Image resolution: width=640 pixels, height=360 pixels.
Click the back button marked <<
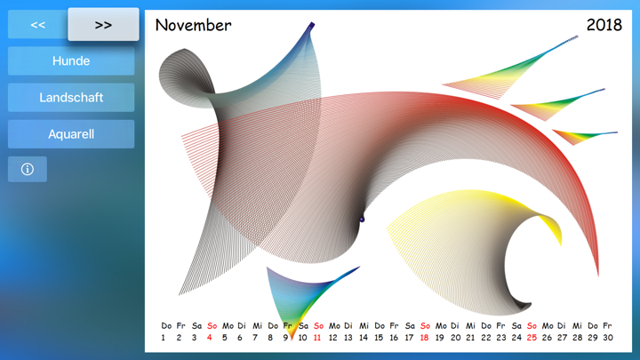(37, 25)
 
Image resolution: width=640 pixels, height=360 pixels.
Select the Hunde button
(71, 60)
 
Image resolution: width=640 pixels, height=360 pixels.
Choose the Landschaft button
(71, 98)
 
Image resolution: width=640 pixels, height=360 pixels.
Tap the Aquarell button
(71, 134)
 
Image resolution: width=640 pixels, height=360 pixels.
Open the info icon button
(28, 169)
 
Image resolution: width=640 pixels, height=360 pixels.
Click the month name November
(193, 25)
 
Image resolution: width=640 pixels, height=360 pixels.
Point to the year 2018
(604, 25)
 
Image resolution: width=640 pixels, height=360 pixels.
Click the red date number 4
(210, 338)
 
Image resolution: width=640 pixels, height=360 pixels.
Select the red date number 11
(317, 338)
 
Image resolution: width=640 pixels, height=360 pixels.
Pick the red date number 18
(425, 338)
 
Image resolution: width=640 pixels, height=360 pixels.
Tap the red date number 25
(532, 338)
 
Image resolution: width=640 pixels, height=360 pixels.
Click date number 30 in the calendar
(608, 338)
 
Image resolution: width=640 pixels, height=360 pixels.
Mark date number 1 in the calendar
(164, 338)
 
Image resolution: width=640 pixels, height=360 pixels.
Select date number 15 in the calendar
(379, 338)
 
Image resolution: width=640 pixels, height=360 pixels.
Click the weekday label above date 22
(486, 325)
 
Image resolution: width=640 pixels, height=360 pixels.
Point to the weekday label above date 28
(577, 325)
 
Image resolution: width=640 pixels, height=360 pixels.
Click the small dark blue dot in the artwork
(362, 220)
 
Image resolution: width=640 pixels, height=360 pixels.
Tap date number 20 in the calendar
(455, 338)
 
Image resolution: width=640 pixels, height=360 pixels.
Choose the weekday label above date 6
(242, 325)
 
